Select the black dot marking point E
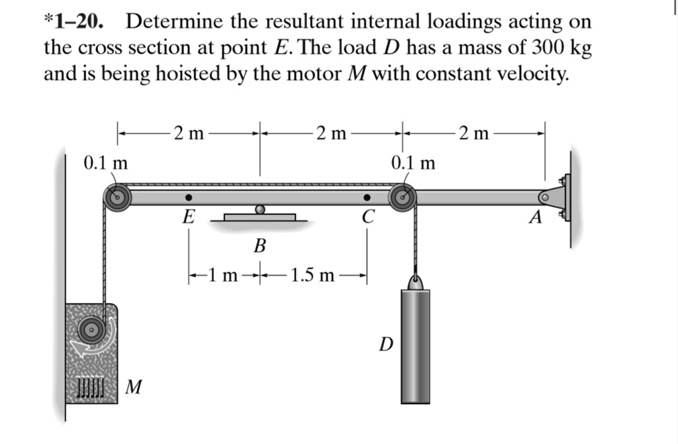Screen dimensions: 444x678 coord(189,197)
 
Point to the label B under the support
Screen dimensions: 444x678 coord(260,247)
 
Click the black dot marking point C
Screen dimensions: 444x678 coord(366,197)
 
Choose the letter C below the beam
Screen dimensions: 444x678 coord(368,216)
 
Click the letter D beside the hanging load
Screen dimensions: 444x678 coord(385,344)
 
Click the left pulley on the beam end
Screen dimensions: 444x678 coord(117,197)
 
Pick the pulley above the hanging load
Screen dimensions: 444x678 coord(402,197)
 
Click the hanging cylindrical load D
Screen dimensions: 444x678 coord(414,344)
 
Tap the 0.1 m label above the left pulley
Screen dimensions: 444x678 coord(106,162)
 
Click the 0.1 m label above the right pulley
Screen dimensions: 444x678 coord(413,162)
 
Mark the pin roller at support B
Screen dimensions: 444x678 coord(260,210)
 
